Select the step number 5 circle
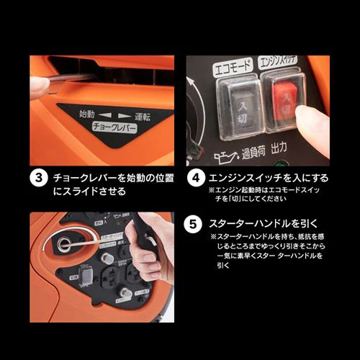tap(195, 223)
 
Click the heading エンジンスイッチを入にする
tap(268, 176)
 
